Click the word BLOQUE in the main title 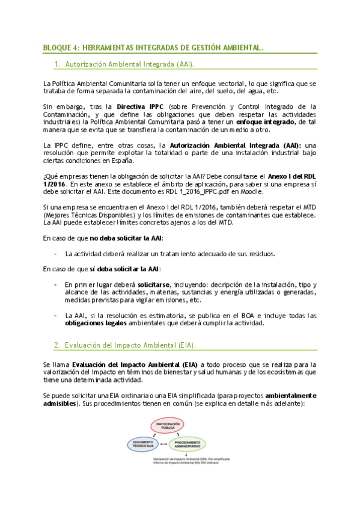coord(58,48)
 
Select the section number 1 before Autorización coord(56,63)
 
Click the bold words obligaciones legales coord(96,323)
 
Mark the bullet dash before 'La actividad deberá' coord(55,253)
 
